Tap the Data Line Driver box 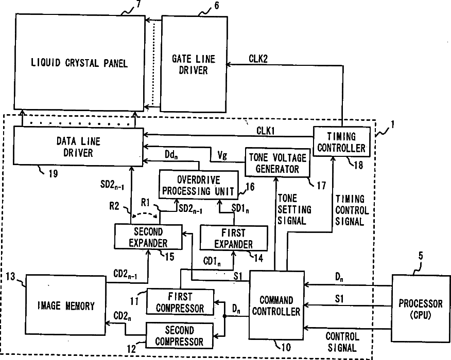[78, 147]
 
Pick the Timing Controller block [341, 142]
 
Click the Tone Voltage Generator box [278, 162]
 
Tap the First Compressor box [180, 302]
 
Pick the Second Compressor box [180, 335]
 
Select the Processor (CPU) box [421, 307]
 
